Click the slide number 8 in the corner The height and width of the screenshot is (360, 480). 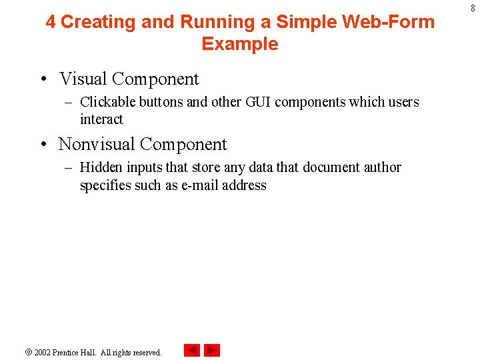(x=473, y=8)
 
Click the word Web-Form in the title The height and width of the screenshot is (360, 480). (x=389, y=22)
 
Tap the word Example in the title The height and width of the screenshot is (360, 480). (x=239, y=44)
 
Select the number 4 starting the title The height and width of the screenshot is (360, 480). (x=51, y=22)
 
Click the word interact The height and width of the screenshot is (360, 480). (x=101, y=120)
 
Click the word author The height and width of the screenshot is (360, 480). (x=383, y=168)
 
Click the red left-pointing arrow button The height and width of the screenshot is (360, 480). (x=192, y=350)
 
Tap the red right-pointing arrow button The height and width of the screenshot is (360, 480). (x=212, y=350)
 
